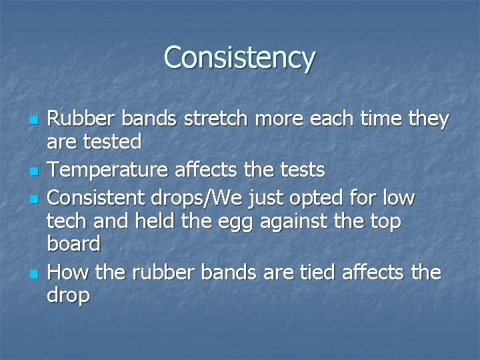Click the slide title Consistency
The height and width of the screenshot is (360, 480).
coord(239,57)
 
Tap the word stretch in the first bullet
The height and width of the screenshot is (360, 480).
coord(231,119)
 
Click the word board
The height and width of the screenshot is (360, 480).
coord(73,244)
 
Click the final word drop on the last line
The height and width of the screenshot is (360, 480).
coord(68,295)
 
